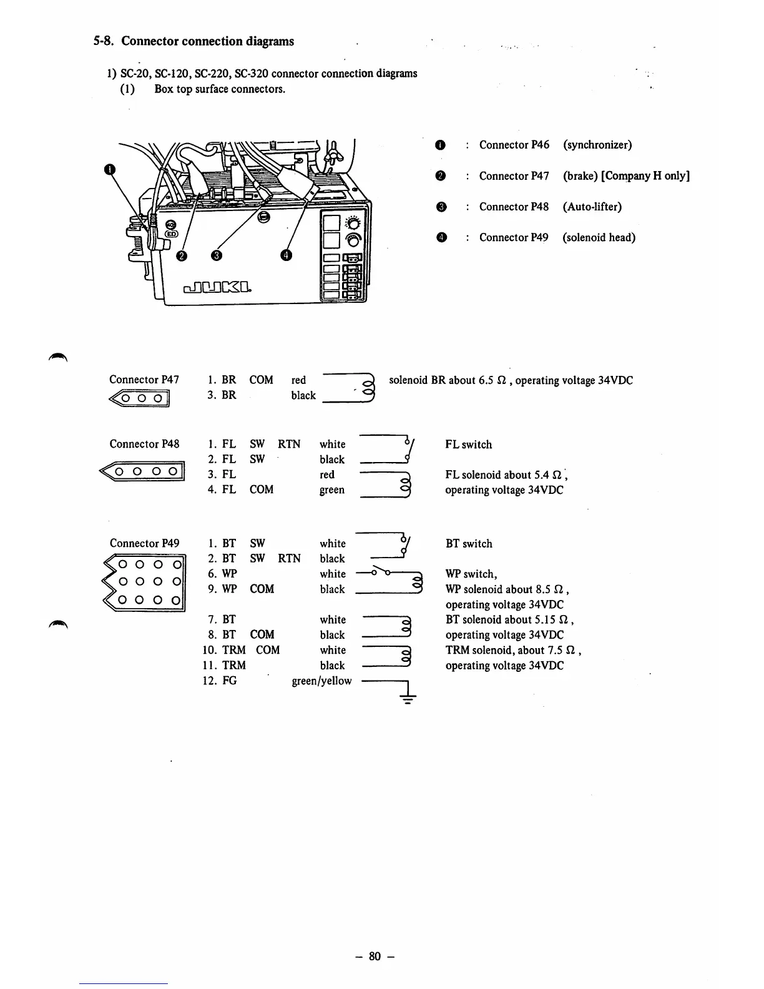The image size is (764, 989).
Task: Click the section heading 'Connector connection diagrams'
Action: pos(207,41)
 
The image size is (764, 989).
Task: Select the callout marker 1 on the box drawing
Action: pos(110,169)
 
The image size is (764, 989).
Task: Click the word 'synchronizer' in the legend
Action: pos(597,145)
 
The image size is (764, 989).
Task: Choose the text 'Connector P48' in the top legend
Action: pos(514,207)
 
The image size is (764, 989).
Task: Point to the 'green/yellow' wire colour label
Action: pos(321,681)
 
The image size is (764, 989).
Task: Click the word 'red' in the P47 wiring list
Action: pos(298,380)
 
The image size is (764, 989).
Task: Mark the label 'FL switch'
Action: pos(468,445)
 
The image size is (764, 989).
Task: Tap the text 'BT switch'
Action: pos(469,544)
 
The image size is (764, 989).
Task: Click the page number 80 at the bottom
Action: pos(375,956)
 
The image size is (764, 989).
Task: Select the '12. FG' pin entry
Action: pos(220,681)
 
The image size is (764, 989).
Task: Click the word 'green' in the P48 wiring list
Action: pos(331,490)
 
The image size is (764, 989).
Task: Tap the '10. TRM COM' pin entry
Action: pos(241,650)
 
